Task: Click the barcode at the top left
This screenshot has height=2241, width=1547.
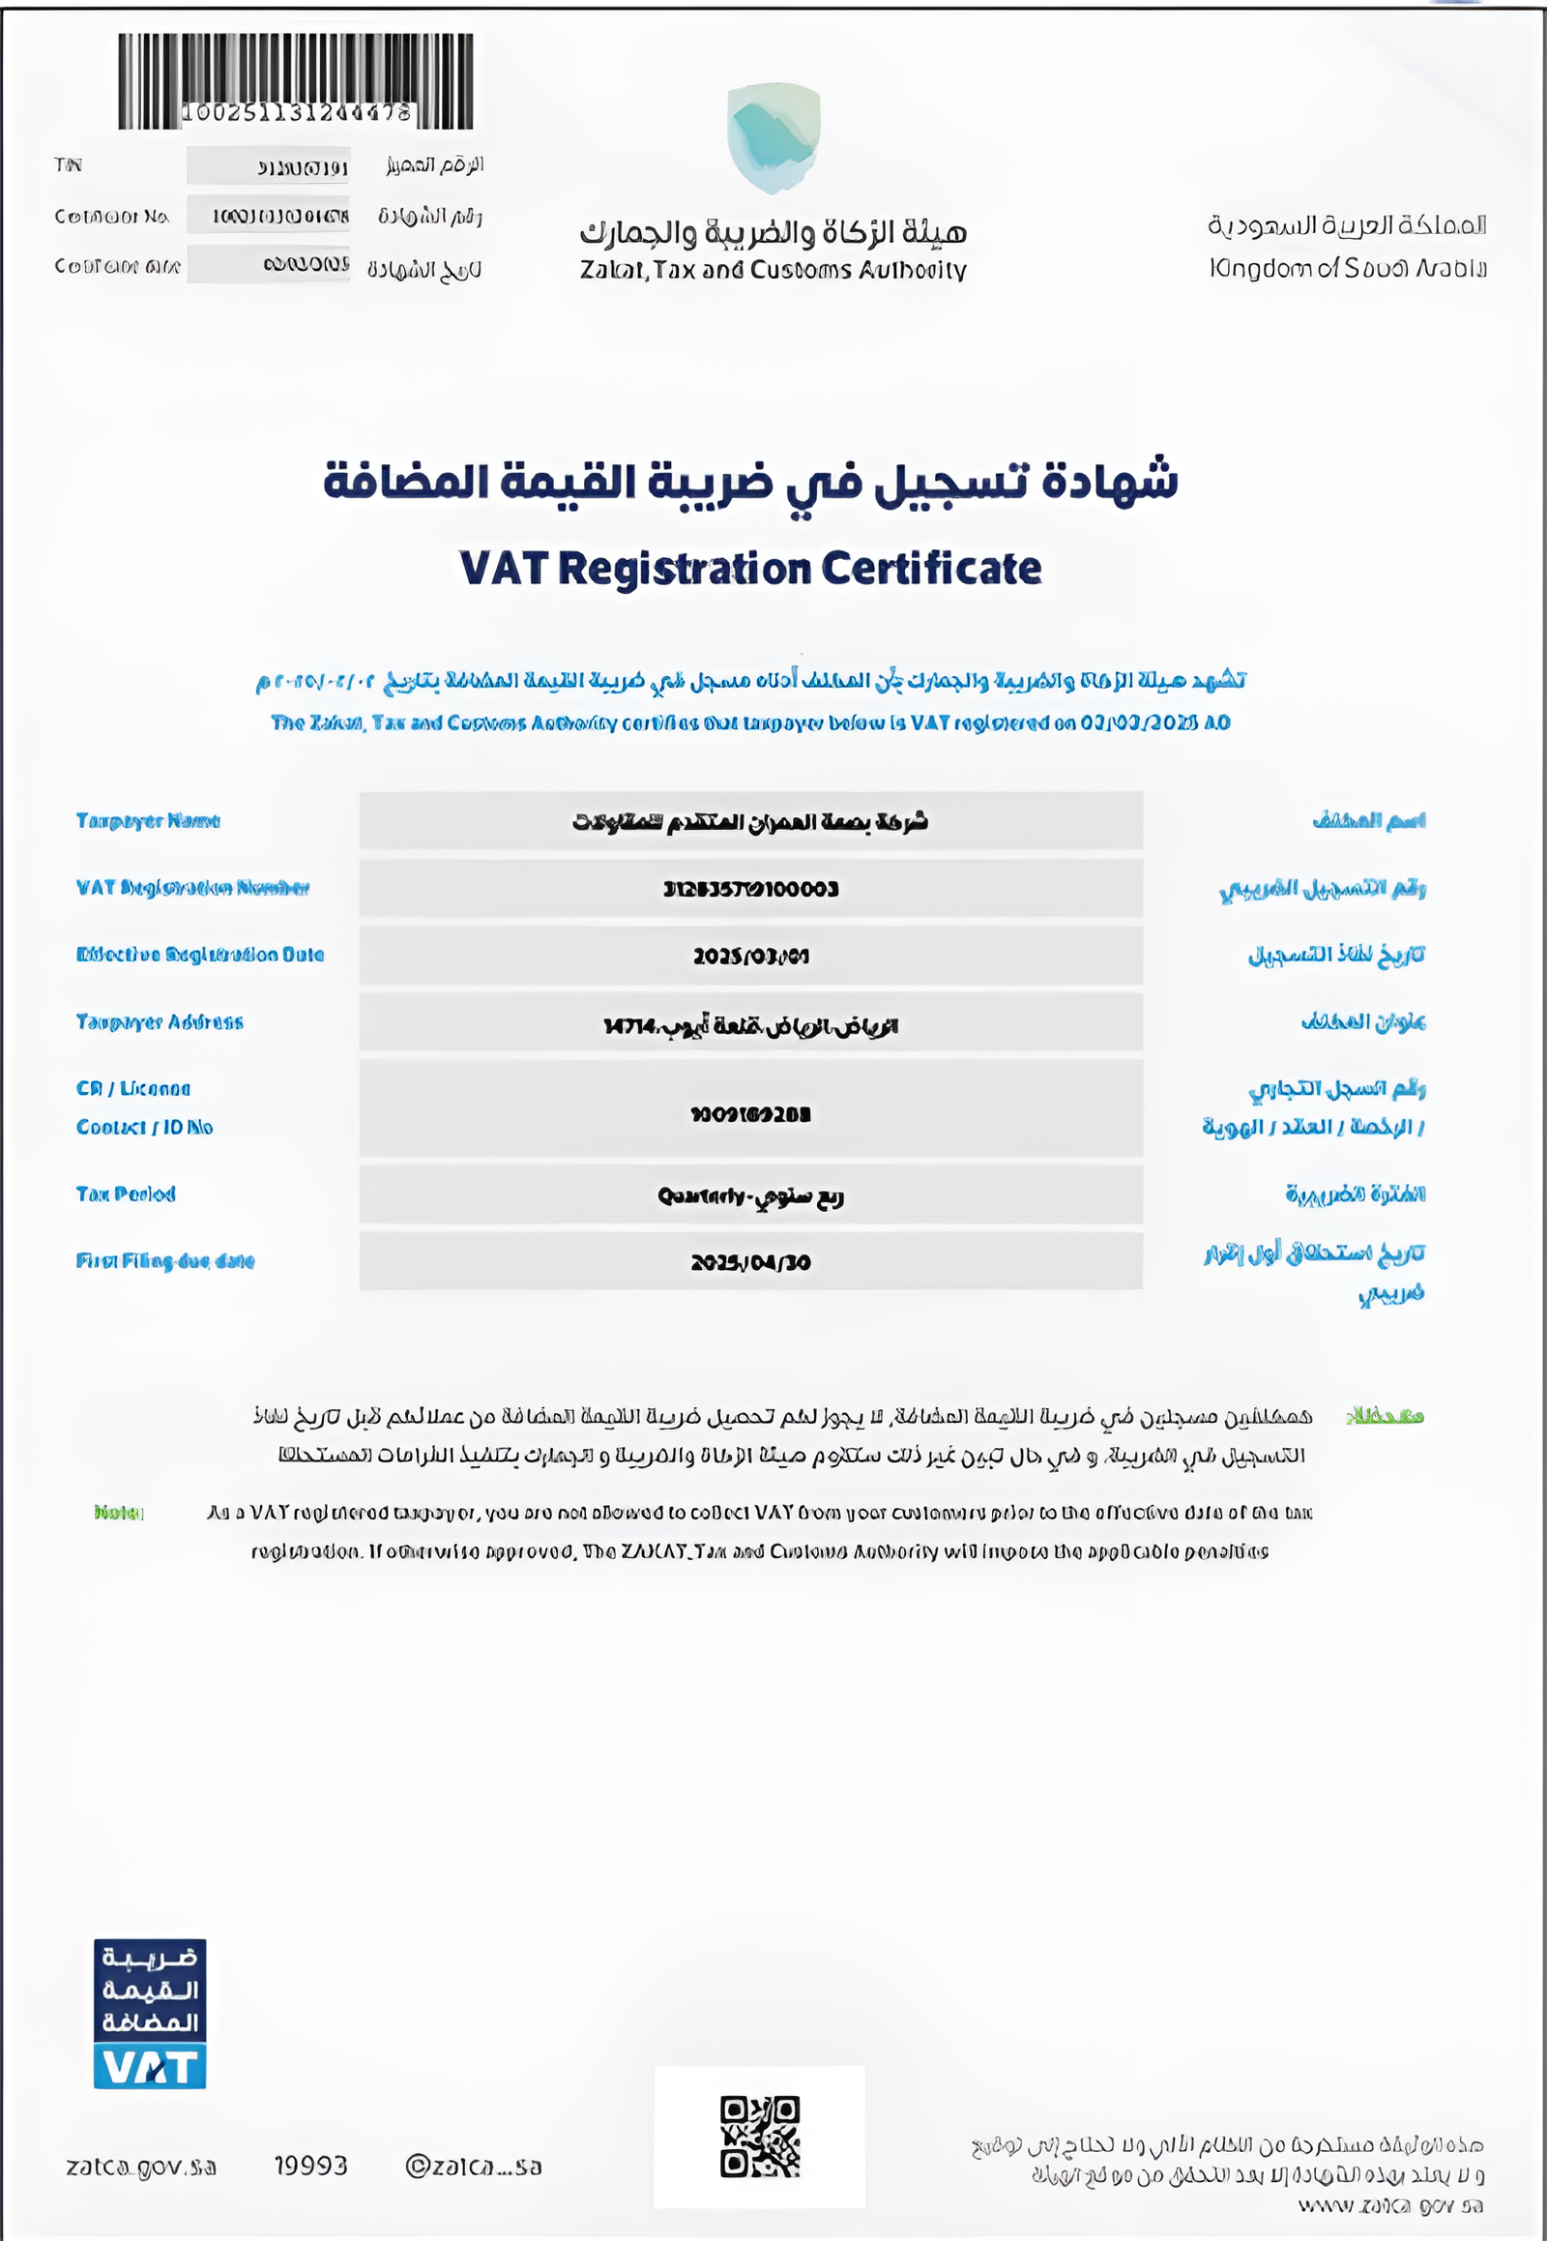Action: (296, 81)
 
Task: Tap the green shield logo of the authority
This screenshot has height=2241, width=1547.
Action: (773, 136)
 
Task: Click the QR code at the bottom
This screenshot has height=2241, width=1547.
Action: (759, 2137)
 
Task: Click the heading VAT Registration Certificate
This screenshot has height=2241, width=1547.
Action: (750, 569)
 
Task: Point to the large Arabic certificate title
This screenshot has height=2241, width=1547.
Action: (750, 482)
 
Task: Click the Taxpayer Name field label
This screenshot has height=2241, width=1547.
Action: (148, 821)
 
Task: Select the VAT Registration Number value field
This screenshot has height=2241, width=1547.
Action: (750, 889)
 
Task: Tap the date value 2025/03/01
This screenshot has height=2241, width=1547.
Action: (750, 957)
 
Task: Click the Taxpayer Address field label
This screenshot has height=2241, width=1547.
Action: (160, 1022)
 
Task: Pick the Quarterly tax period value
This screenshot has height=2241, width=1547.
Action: (750, 1195)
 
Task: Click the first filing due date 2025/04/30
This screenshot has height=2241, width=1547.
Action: (750, 1262)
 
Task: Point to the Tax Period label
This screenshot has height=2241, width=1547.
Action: (126, 1194)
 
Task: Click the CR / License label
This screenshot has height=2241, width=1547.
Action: (133, 1089)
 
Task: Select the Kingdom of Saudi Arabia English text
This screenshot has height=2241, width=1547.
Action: (1347, 269)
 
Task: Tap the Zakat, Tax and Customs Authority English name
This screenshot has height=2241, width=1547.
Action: (773, 271)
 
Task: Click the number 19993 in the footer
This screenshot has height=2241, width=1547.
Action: (310, 2166)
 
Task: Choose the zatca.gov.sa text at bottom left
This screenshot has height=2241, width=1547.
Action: (141, 2167)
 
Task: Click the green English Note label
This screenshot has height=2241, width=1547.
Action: (118, 1513)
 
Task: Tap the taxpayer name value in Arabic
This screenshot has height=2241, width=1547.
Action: (750, 822)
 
